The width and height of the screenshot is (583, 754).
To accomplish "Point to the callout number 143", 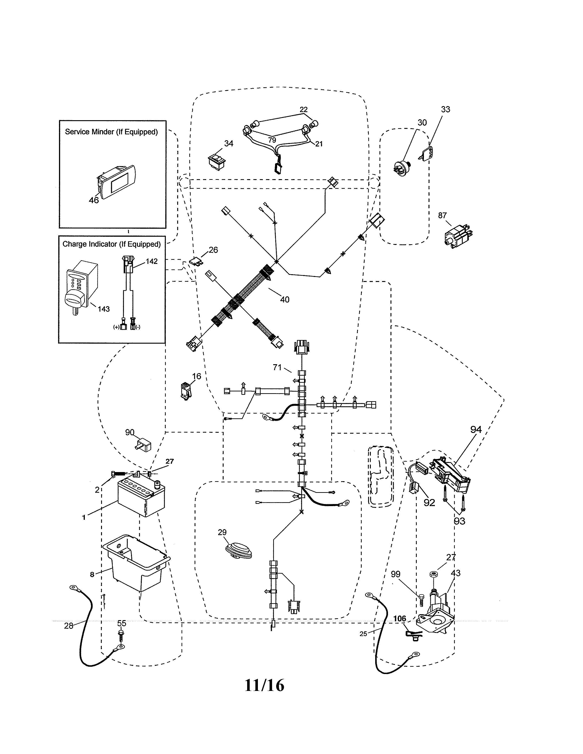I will pos(104,309).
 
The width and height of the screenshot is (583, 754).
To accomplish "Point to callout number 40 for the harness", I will pos(285,300).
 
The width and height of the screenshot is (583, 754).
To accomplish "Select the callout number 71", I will pos(277,367).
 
